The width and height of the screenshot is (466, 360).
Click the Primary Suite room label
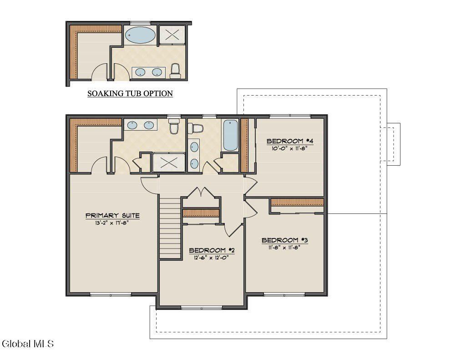(x=112, y=215)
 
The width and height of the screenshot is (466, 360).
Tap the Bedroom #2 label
(x=212, y=250)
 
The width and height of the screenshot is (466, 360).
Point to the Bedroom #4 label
(x=290, y=141)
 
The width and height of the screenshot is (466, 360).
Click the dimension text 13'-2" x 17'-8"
(x=112, y=223)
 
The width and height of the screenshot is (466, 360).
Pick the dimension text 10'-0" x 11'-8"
(x=290, y=148)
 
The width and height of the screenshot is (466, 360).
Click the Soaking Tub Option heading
(x=130, y=94)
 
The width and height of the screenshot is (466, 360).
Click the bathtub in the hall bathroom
(x=230, y=135)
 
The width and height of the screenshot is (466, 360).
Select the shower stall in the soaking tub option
(x=172, y=34)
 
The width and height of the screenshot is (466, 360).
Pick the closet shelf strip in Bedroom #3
(x=297, y=202)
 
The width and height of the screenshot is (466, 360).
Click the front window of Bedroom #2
(x=201, y=308)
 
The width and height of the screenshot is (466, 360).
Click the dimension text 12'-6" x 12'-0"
(x=212, y=257)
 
